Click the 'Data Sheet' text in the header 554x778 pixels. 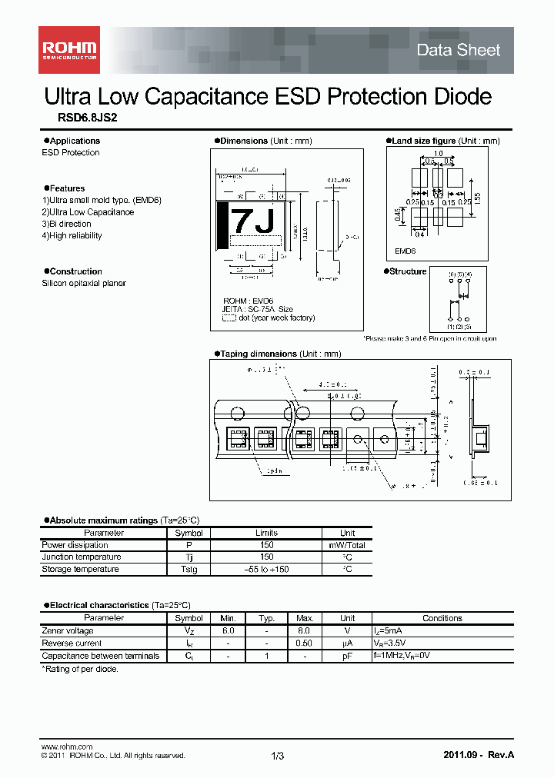pos(458,50)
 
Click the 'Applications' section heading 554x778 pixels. pos(75,141)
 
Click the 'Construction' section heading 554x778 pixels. pos(75,271)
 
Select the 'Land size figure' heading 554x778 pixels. pos(423,141)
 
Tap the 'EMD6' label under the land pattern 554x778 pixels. pos(405,251)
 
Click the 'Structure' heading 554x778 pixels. pos(408,271)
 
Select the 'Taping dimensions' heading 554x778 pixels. pos(258,354)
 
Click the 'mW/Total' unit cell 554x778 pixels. pos(347,545)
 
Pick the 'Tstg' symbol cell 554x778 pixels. pos(189,570)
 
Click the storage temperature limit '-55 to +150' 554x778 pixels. pos(266,570)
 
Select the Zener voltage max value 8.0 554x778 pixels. pos(305,631)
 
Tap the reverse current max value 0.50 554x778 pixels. pos(305,643)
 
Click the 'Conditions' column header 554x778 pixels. pos(442,618)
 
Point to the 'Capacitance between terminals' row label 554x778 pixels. pos(101,656)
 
